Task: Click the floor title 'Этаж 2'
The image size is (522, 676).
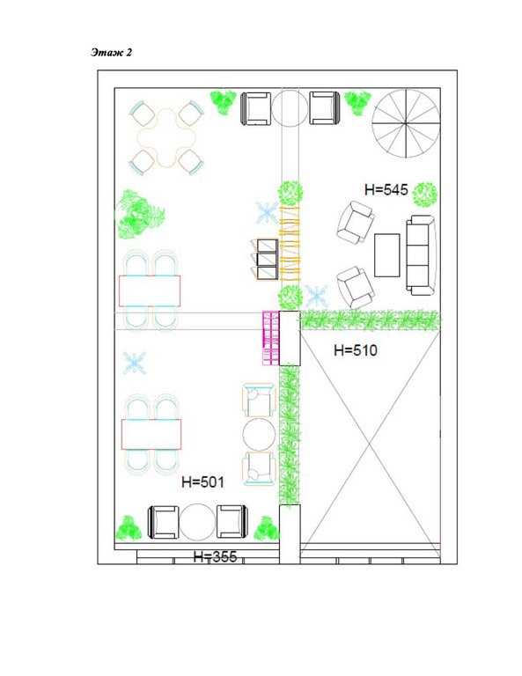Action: pos(111,52)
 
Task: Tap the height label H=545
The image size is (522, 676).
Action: pos(386,189)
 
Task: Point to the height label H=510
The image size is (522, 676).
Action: pos(355,350)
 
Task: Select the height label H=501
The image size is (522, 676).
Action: pos(202,481)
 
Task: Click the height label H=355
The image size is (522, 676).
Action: pos(215,556)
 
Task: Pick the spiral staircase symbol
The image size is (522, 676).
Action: pos(406,124)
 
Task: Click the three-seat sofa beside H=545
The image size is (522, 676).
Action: pos(421,255)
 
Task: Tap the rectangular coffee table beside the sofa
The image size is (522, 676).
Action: pos(386,254)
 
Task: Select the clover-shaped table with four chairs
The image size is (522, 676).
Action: pos(166,137)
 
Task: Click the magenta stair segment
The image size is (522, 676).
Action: pos(271,338)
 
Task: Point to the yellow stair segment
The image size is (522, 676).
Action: pos(290,245)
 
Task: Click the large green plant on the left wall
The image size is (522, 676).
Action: pos(140,214)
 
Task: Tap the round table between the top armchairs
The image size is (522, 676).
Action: pos(290,108)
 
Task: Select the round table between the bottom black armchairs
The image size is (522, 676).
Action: pos(197,522)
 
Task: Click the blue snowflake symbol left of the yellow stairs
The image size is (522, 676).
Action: pos(267,213)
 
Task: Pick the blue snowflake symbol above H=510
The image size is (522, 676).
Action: pos(316,296)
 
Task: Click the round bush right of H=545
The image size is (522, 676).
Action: pos(424,195)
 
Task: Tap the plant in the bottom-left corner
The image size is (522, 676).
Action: pos(129,528)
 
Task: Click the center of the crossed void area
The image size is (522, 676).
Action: pos(370,443)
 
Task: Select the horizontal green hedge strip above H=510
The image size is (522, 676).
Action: pos(371,320)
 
